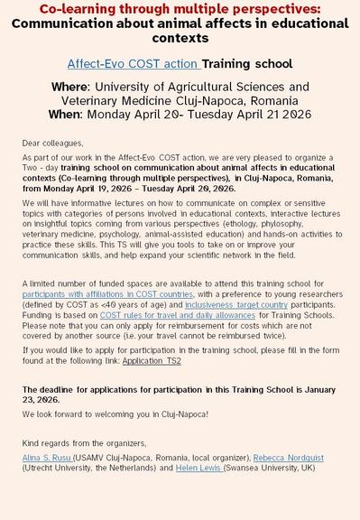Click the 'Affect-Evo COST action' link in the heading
point(134,65)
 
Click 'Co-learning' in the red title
point(78,9)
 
